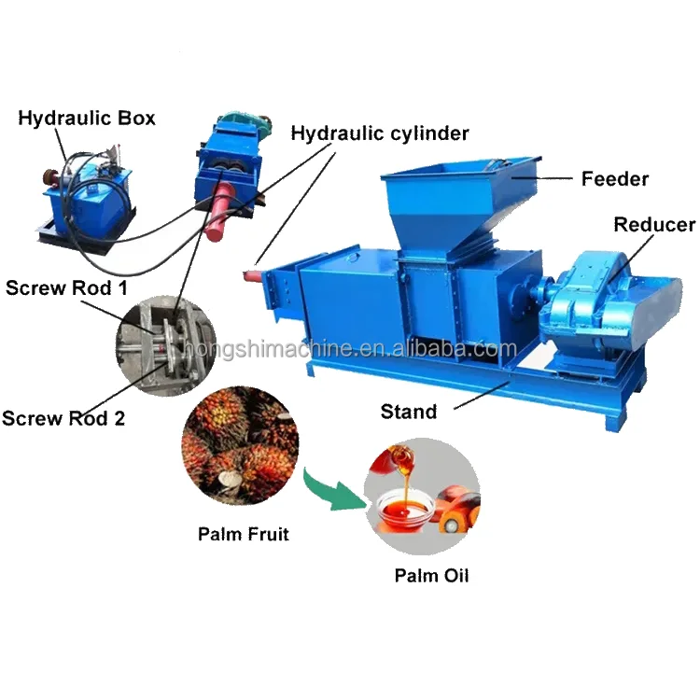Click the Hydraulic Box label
(87, 118)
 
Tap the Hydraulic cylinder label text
(380, 133)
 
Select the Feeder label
(615, 177)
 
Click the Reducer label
(653, 225)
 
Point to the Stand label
(409, 411)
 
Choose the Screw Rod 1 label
(66, 287)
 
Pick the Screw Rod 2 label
(63, 417)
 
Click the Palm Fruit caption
(244, 535)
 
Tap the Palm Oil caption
(431, 575)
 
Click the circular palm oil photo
(426, 490)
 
